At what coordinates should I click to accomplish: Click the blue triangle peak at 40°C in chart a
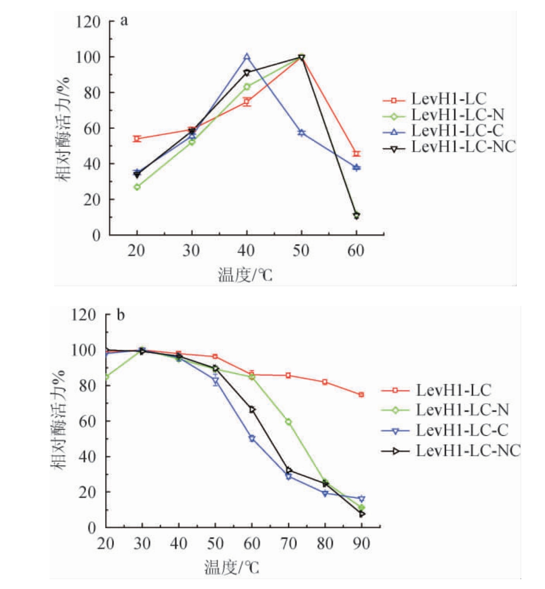point(247,57)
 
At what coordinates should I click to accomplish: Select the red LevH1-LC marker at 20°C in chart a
point(137,139)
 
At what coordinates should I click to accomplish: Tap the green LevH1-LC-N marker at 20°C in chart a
point(137,187)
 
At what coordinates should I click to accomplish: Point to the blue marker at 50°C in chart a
point(302,133)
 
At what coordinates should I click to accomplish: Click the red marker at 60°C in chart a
point(356,154)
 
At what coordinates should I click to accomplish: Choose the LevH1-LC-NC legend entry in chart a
point(457,148)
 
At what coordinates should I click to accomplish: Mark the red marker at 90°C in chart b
point(361,395)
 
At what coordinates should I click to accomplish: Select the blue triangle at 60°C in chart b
point(252,439)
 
